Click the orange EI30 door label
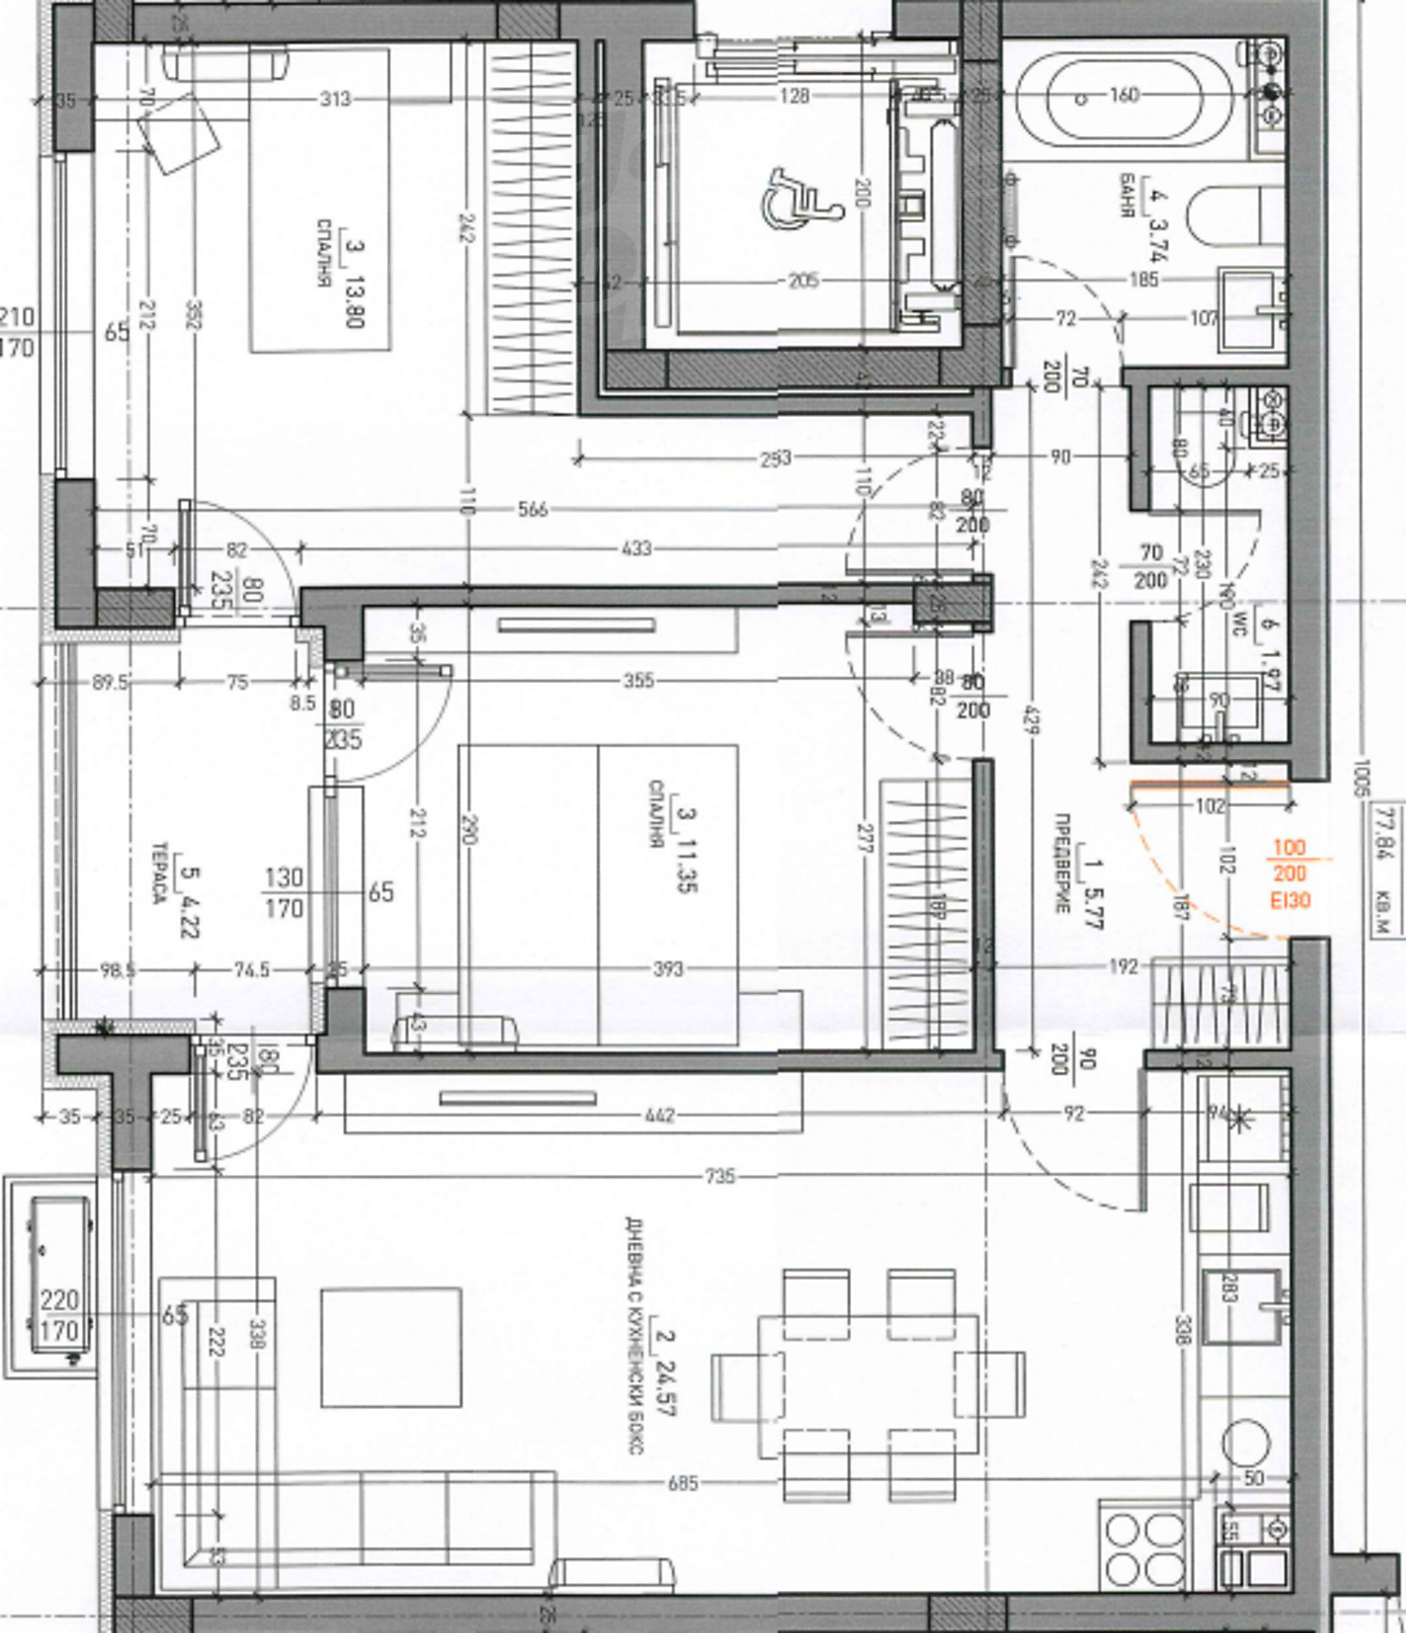(x=1290, y=900)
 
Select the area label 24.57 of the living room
(x=666, y=1388)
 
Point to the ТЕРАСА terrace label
(x=160, y=872)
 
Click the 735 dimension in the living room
(x=719, y=1176)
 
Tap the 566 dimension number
(x=531, y=510)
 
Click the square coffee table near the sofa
(x=391, y=1348)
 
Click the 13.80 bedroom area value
(x=355, y=301)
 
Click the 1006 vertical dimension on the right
(x=1361, y=777)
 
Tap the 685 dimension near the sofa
(x=682, y=1483)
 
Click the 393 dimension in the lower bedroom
(x=667, y=968)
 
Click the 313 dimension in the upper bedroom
(x=335, y=98)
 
